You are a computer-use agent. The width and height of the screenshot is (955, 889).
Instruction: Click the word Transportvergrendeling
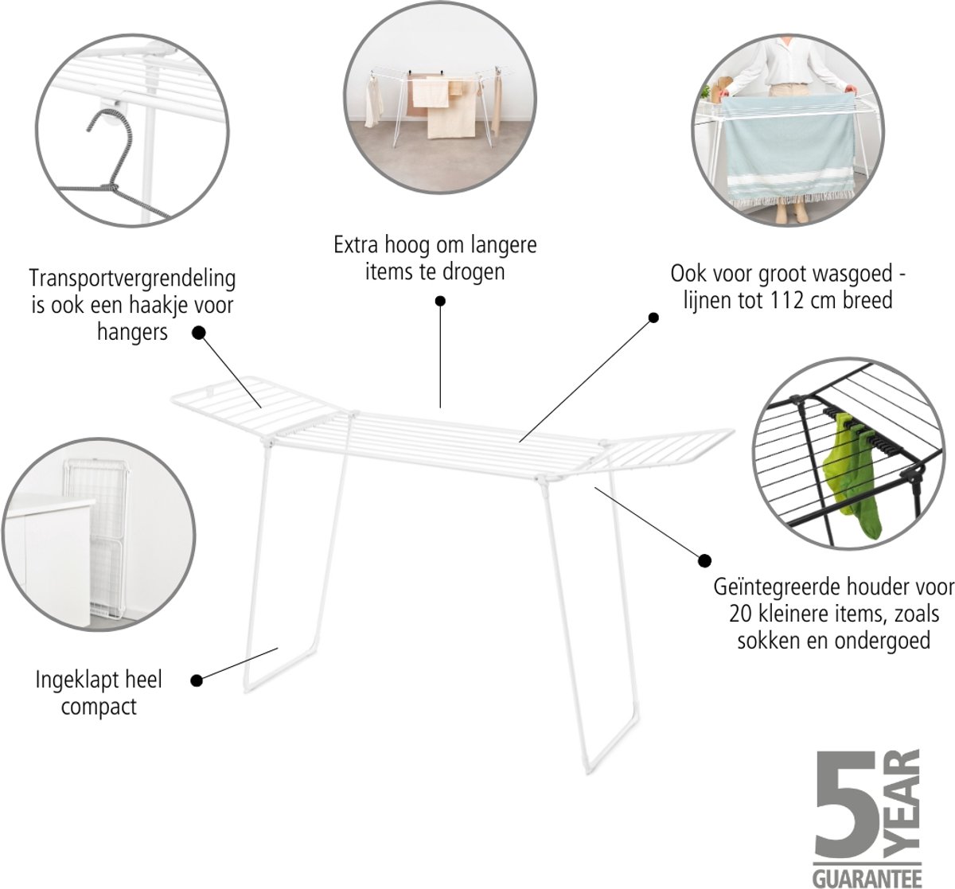[132, 279]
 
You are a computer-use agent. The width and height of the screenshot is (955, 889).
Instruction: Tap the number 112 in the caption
[785, 301]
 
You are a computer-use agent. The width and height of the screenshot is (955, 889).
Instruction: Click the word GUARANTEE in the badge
[867, 879]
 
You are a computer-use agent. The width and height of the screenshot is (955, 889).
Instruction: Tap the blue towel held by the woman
[789, 150]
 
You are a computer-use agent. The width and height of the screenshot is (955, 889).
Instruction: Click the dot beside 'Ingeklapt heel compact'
[197, 680]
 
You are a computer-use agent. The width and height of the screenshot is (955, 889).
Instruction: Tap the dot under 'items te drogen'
[440, 301]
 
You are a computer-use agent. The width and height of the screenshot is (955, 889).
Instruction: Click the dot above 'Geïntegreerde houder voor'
[704, 561]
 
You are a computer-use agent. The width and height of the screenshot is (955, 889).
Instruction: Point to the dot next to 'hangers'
[199, 333]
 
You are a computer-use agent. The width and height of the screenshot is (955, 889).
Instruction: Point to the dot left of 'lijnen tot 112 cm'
[653, 318]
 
